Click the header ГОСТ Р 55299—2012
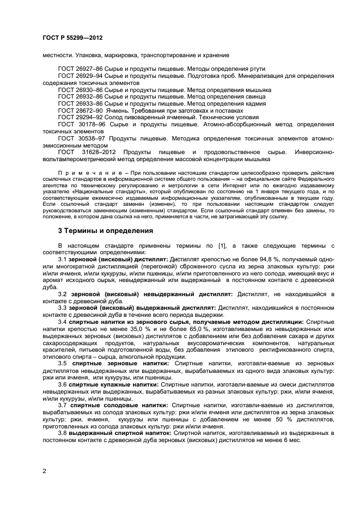point(72,38)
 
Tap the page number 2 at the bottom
point(44,471)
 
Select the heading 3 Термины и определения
point(106,231)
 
